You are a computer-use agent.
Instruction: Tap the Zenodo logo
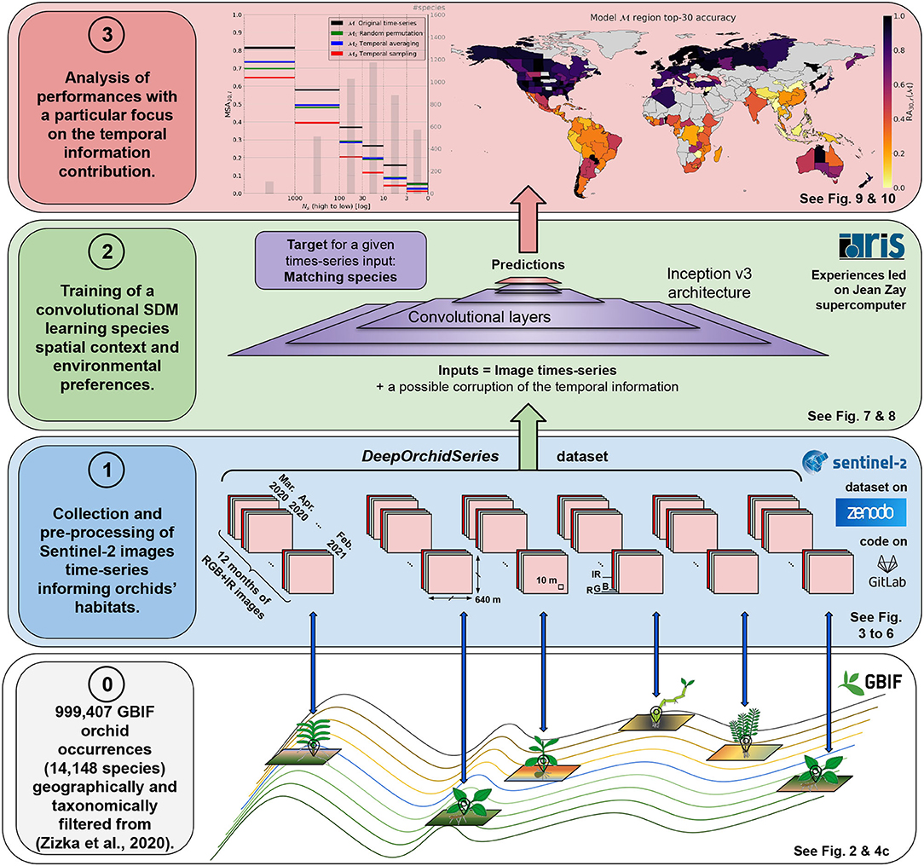coord(865,512)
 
